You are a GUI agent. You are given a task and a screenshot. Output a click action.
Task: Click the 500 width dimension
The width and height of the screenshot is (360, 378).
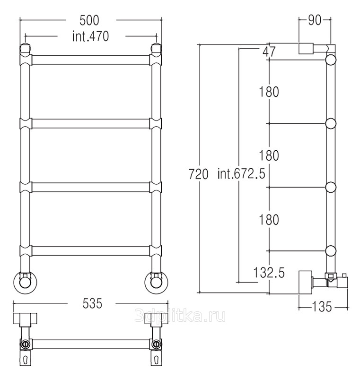(x=89, y=20)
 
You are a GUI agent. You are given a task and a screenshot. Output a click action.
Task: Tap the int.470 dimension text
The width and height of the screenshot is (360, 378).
(x=91, y=36)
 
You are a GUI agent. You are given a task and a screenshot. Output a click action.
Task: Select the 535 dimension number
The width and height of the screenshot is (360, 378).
(x=92, y=303)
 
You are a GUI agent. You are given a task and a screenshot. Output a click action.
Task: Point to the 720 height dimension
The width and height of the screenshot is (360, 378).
(x=198, y=174)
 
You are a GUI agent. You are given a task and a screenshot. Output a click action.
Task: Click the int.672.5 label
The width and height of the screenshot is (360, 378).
(x=241, y=173)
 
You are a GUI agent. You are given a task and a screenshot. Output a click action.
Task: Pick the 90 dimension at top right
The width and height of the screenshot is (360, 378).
(x=315, y=20)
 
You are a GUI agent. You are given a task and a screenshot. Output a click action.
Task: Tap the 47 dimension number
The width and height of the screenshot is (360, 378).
(x=269, y=52)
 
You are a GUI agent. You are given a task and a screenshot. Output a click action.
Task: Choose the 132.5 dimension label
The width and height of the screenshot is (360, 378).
(x=269, y=273)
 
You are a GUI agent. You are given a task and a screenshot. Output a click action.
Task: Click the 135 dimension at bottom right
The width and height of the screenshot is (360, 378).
(x=322, y=307)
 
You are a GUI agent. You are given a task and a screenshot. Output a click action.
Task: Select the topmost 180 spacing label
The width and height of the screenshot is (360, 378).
(x=269, y=92)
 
